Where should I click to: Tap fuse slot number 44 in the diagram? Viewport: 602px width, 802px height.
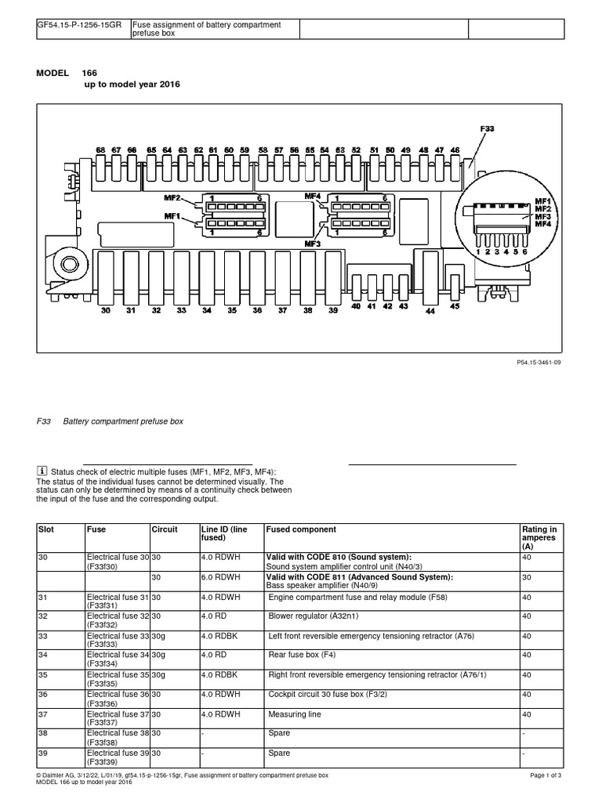(x=430, y=311)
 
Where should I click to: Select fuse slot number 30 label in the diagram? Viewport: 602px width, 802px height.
(x=106, y=310)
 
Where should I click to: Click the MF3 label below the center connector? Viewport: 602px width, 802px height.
(x=313, y=244)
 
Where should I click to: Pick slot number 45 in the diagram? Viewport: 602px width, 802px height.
(x=455, y=306)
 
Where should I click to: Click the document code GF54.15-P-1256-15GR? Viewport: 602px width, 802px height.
(x=78, y=25)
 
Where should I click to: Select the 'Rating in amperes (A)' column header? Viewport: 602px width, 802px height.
(x=539, y=537)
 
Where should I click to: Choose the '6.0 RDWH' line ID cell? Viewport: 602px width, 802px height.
(x=219, y=577)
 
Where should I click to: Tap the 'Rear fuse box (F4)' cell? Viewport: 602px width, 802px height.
(x=304, y=655)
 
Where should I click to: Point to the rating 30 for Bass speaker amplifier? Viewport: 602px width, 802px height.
(x=527, y=577)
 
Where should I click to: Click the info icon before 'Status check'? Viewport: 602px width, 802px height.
(x=42, y=471)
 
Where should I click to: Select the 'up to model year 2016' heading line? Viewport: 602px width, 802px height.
(x=132, y=84)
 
